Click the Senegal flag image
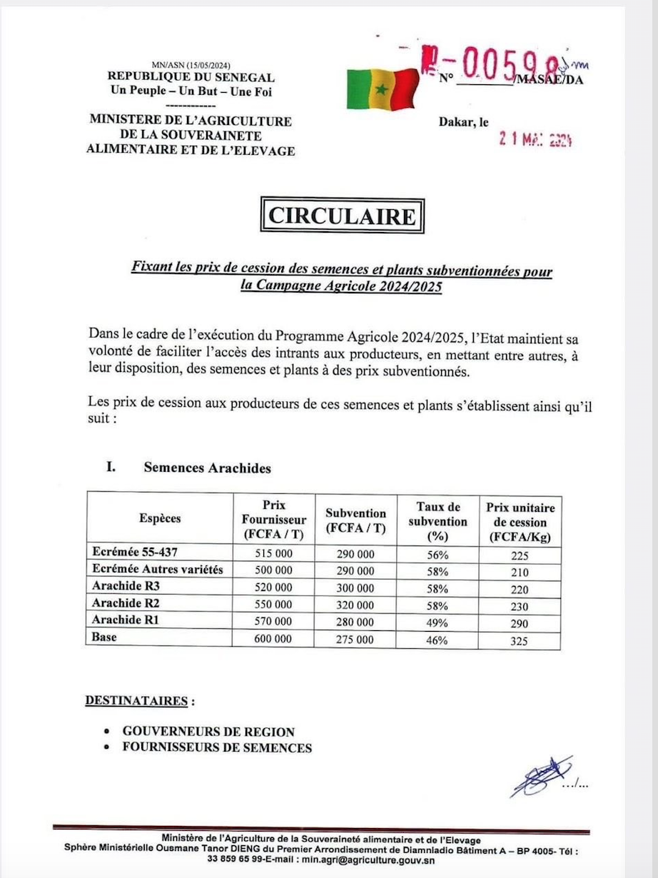[x=383, y=89]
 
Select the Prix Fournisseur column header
[x=273, y=520]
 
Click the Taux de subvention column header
[x=437, y=521]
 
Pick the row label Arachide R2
[x=119, y=604]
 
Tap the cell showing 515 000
[x=273, y=554]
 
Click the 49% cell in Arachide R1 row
[x=437, y=622]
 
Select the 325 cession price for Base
[x=520, y=640]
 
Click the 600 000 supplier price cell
[x=273, y=640]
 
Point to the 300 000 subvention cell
[x=355, y=588]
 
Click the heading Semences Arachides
[x=207, y=468]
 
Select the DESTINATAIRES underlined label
[x=137, y=700]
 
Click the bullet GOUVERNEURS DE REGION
[x=208, y=732]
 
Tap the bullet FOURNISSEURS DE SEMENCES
[x=217, y=748]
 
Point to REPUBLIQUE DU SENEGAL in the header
[x=191, y=77]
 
